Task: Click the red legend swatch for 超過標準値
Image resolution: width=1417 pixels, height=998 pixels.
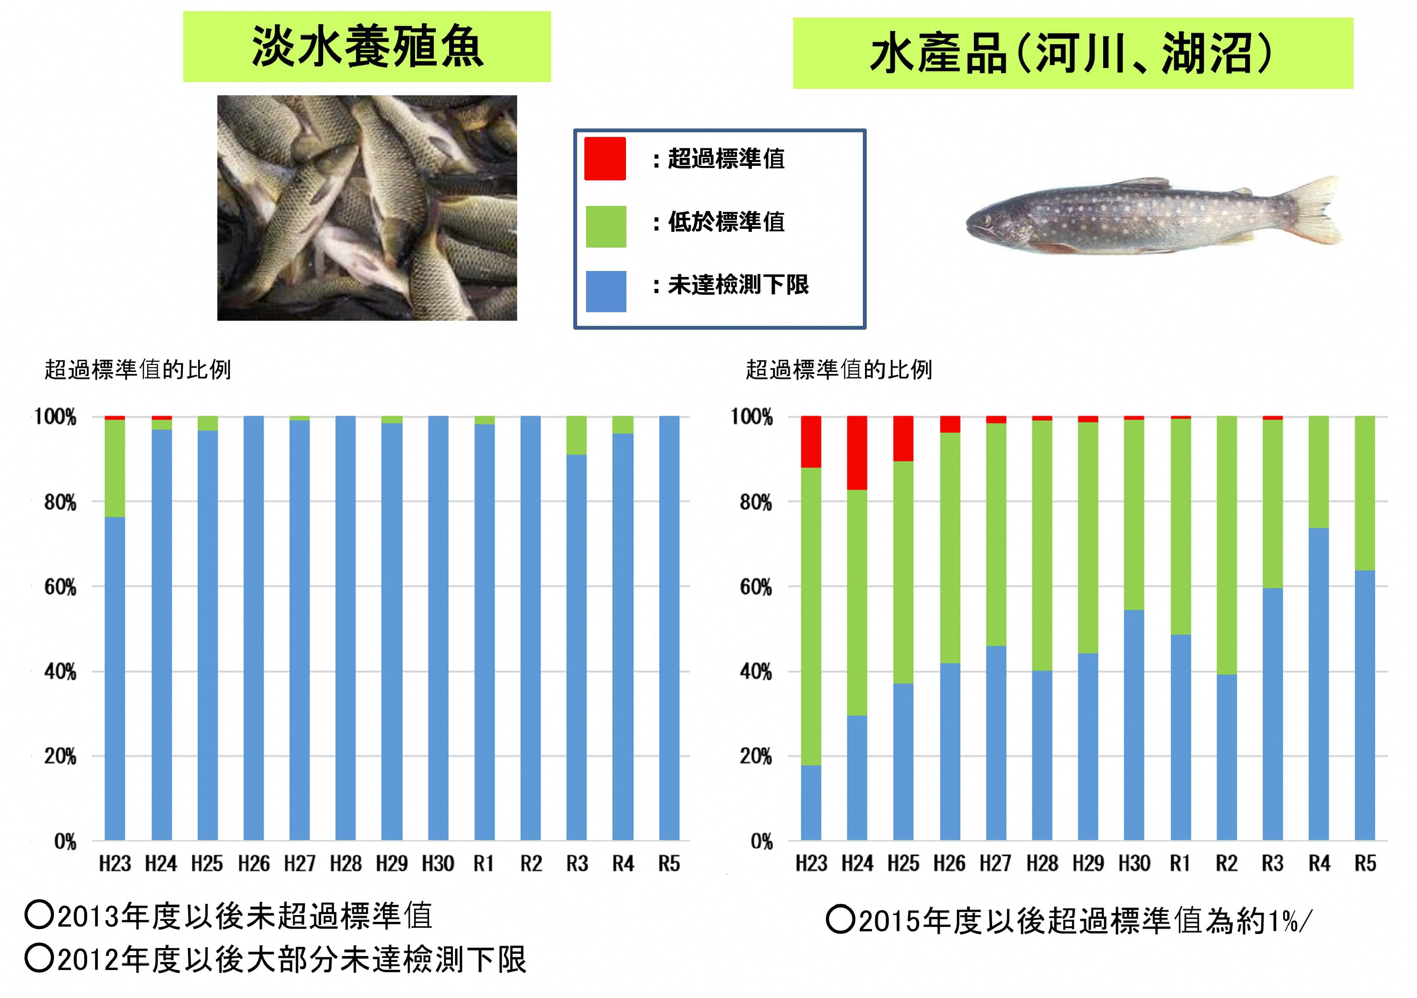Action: [x=605, y=159]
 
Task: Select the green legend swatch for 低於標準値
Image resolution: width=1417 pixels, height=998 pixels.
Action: [x=606, y=226]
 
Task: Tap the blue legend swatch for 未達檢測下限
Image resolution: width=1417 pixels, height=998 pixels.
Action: [x=606, y=291]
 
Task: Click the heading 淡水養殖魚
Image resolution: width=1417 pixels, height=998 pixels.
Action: [x=367, y=47]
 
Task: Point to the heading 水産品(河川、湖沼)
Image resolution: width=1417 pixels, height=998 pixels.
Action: [x=1072, y=54]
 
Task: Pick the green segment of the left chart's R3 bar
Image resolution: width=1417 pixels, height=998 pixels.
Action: [x=576, y=435]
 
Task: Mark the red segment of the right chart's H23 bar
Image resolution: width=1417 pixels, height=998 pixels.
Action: [x=811, y=442]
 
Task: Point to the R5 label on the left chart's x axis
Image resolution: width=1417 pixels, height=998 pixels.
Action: [x=669, y=864]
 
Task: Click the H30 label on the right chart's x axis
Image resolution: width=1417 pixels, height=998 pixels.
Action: [x=1134, y=864]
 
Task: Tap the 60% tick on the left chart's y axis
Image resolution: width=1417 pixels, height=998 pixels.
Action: [x=60, y=587]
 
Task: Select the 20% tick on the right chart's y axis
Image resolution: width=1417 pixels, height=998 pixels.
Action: [x=756, y=757]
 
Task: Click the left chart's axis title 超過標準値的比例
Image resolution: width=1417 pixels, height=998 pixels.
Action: [x=138, y=370]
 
